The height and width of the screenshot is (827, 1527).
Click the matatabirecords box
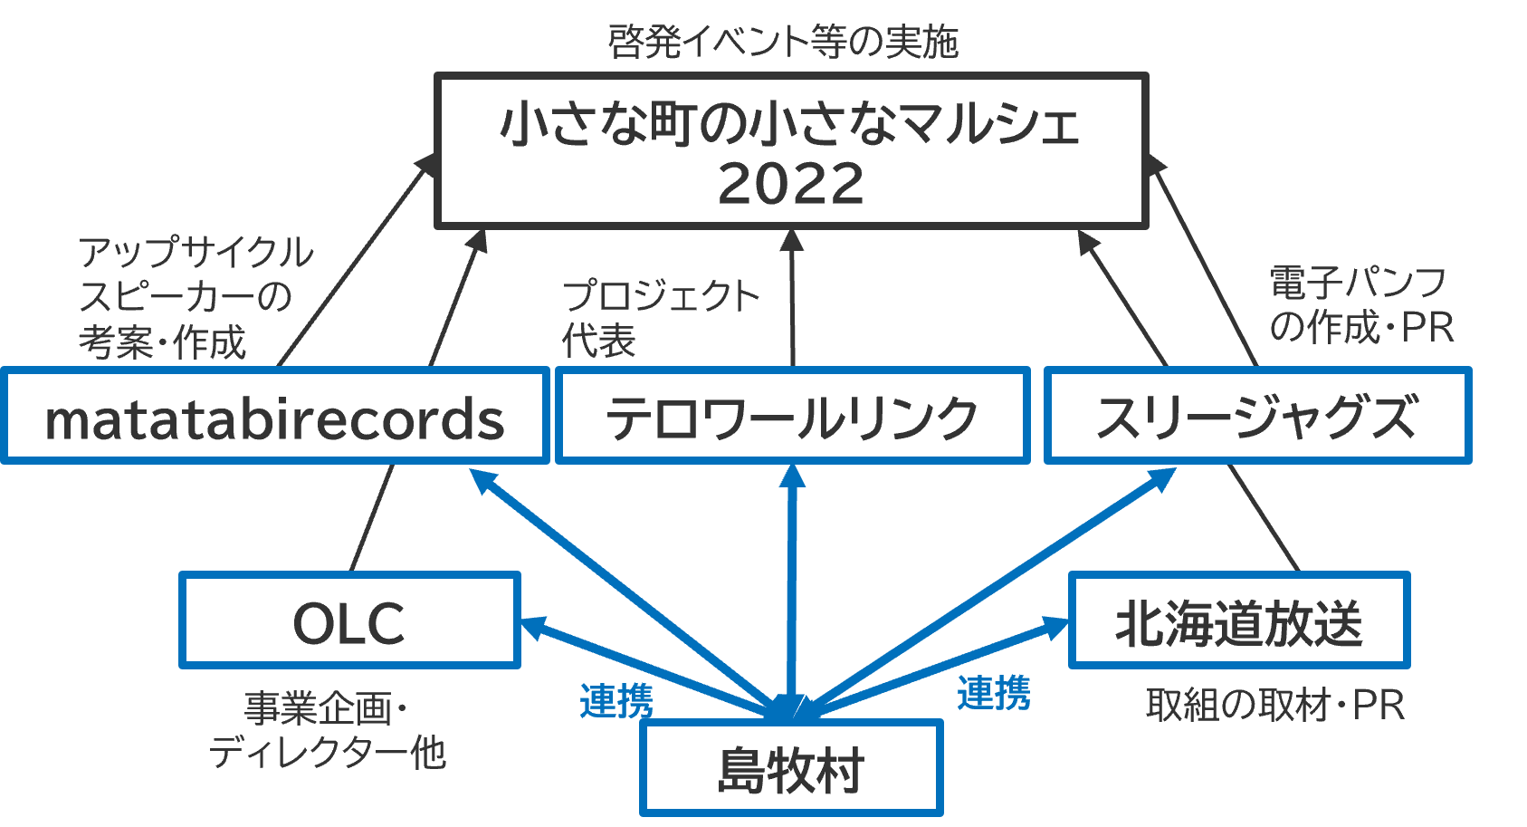274,416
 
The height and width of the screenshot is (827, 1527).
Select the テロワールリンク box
792,416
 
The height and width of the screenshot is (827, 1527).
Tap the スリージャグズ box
1256,416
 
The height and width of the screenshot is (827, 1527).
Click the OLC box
348,621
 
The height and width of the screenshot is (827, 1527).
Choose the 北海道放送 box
1238,621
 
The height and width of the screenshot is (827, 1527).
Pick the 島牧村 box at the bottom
791,769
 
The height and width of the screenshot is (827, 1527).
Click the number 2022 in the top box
791,184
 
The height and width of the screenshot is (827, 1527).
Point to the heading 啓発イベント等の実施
783,42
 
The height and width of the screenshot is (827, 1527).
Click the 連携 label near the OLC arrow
616,700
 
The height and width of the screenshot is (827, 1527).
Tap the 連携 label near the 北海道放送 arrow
993,693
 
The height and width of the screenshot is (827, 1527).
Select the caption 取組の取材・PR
1274,705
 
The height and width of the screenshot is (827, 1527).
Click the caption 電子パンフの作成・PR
1360,304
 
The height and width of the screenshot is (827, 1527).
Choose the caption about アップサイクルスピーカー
195,296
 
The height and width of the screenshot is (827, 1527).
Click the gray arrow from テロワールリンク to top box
793,299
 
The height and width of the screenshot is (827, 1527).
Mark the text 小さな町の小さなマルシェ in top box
791,124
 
